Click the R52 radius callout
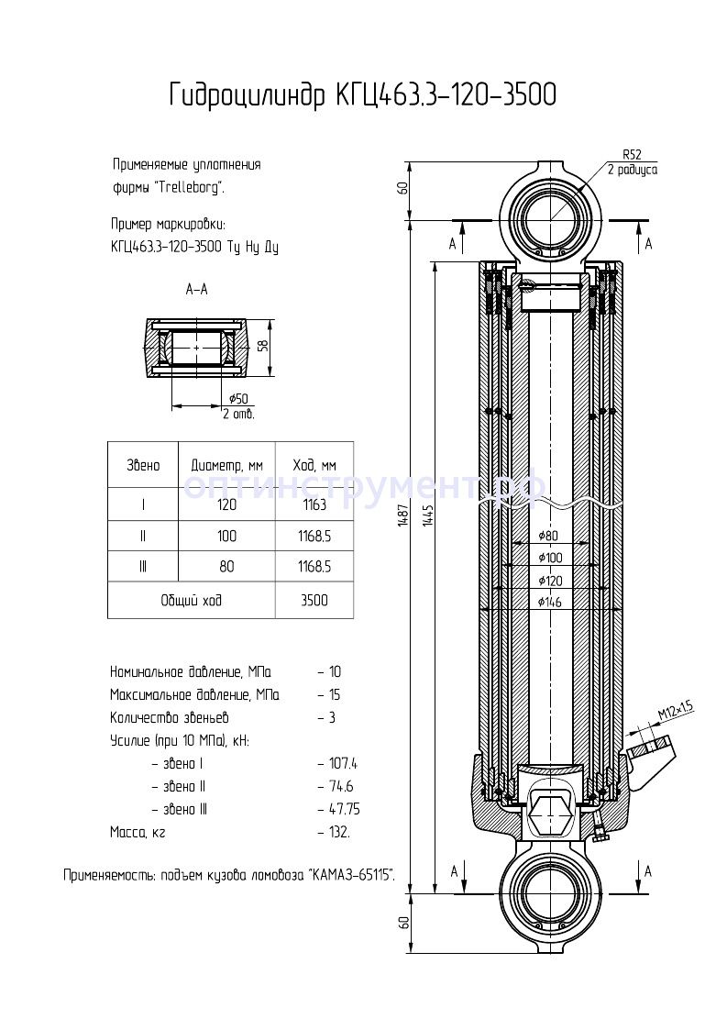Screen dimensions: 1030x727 point(633,154)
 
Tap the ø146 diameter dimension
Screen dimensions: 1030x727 point(550,602)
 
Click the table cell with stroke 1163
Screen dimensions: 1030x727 point(314,504)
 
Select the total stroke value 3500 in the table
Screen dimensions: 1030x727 point(314,601)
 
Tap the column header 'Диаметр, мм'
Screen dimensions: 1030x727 point(226,465)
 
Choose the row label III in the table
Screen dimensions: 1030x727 point(143,567)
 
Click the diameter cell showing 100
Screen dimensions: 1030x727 point(226,536)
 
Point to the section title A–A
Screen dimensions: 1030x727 point(196,290)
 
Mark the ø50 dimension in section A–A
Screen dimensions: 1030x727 point(237,398)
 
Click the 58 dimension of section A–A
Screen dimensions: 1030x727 point(263,347)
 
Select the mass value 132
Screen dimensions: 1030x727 point(337,832)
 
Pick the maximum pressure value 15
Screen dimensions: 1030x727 point(336,694)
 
